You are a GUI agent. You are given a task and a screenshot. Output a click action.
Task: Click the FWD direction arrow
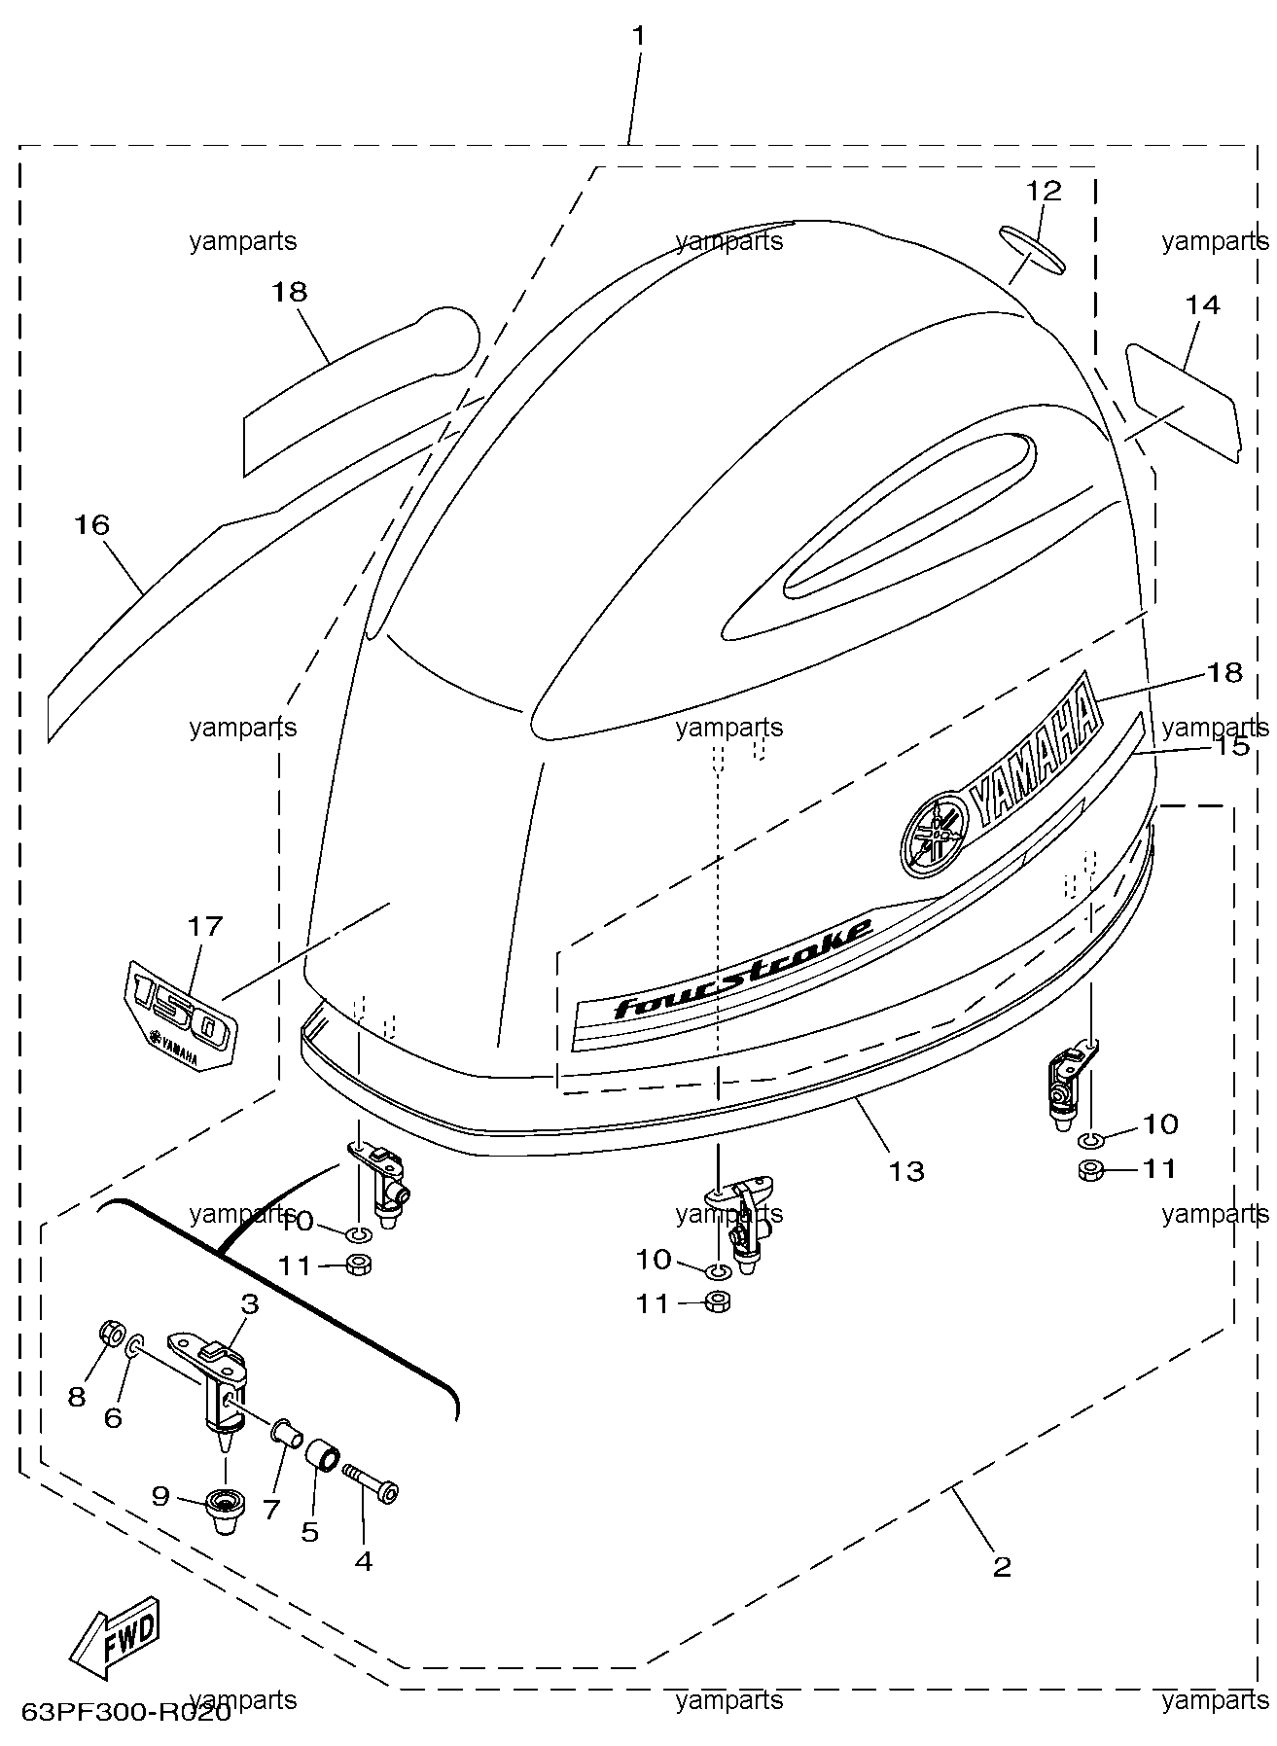pos(114,1637)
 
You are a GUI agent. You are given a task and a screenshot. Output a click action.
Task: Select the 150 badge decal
pos(180,1015)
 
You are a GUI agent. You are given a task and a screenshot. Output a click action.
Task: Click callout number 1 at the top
pos(638,36)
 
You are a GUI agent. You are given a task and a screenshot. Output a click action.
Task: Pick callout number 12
pos(1044,190)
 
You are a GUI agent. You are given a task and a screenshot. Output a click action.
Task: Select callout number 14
pos(1202,304)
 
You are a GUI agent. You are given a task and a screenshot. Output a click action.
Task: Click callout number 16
pos(92,524)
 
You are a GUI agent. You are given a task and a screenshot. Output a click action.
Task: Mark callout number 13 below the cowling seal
pos(906,1170)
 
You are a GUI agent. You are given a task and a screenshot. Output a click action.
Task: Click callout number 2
pos(1002,1566)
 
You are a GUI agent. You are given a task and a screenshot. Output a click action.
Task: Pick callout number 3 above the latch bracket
pos(250,1304)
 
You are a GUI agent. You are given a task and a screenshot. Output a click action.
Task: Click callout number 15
pos(1231,746)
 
